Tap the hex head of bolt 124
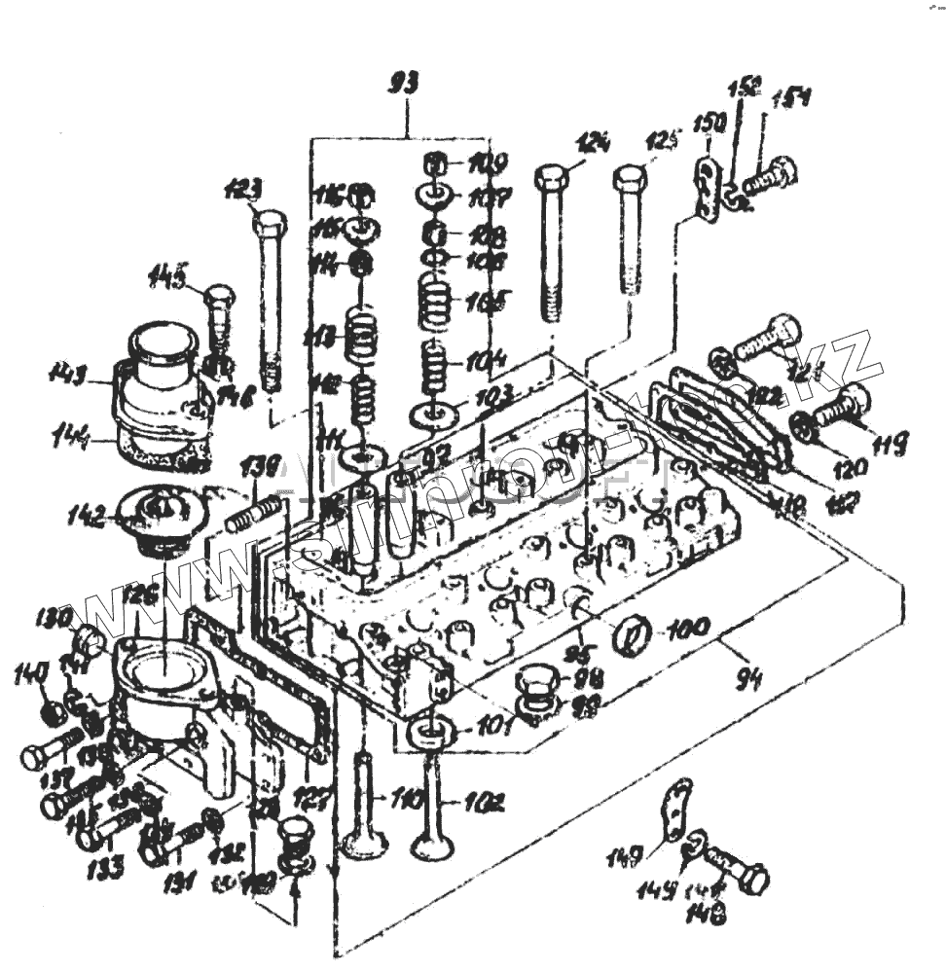pos(552,180)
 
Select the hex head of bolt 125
pos(630,181)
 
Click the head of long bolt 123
pos(270,225)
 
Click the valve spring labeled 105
pos(440,302)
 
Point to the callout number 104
pos(484,363)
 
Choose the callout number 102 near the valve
pos(484,804)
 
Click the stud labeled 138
pos(255,512)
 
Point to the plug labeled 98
pos(536,686)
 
